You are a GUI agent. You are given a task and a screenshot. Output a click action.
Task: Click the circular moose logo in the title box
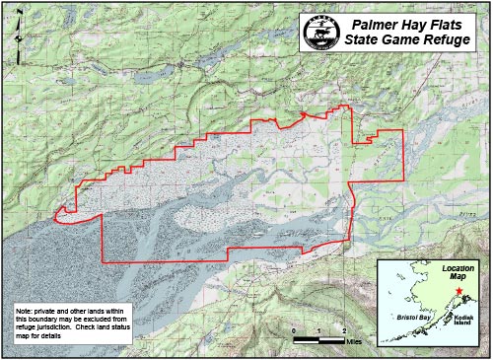point(316,33)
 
